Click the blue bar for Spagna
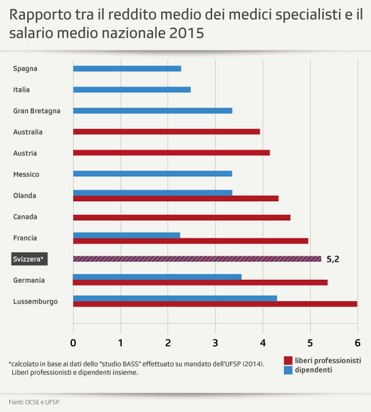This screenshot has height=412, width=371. point(127,68)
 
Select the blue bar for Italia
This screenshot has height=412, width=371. point(132,89)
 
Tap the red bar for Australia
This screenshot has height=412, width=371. point(166,132)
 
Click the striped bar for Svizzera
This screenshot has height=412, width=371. point(197,258)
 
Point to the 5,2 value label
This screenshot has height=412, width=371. point(333,259)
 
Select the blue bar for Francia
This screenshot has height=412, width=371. point(126,235)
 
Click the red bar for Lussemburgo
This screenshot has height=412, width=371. point(214,304)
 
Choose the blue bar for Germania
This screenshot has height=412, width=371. point(157,276)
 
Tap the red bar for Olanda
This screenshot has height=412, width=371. point(176,198)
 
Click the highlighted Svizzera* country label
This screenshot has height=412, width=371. point(29,259)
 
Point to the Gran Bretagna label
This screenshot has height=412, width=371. point(37,111)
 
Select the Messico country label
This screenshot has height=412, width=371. point(26,174)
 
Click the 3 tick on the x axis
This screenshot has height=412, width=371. point(215,342)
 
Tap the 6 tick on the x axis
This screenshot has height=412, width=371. point(357,342)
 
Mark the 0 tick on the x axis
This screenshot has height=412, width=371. point(73,342)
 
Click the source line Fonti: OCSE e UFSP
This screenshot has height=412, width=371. point(34,402)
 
